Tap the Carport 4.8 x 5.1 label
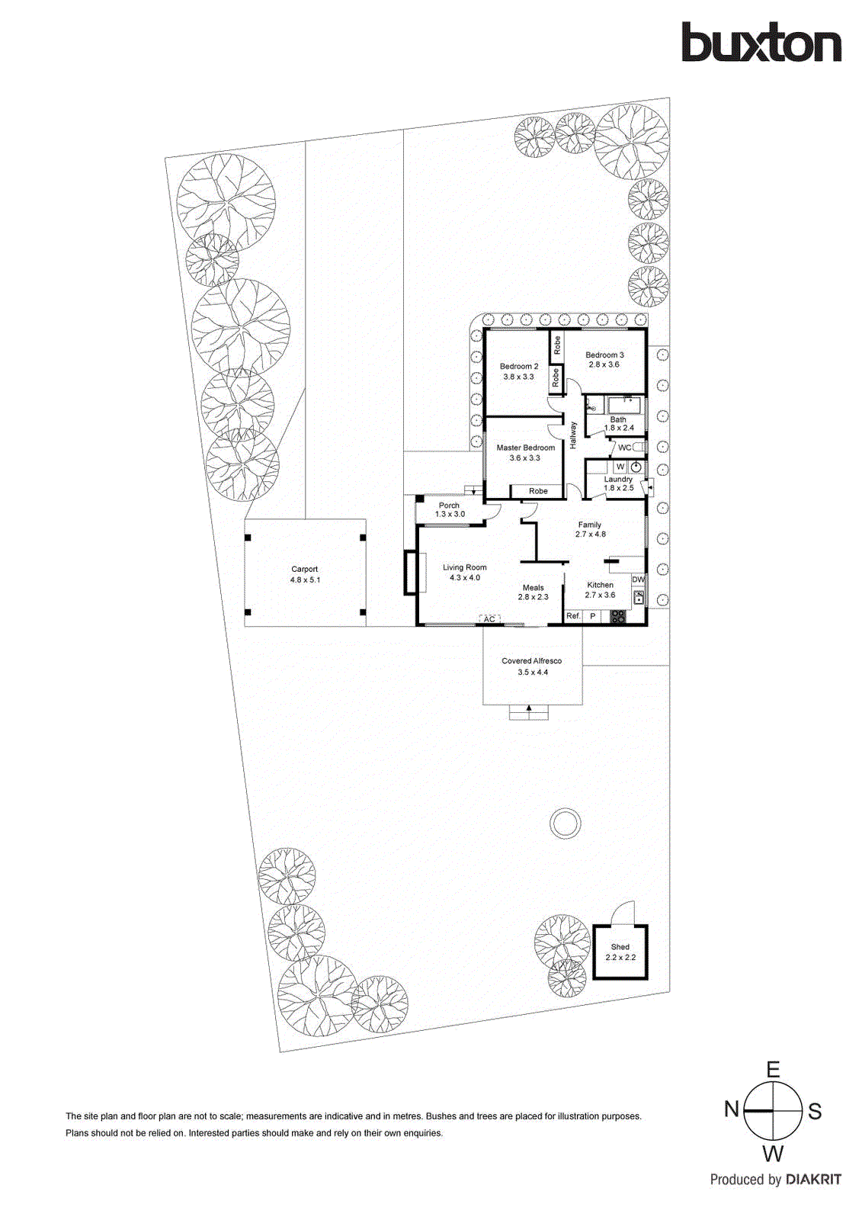305,574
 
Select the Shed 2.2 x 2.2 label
620,952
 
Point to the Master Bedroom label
526,453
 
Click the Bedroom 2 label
519,371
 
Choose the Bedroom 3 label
604,359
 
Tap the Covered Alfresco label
532,666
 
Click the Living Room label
465,573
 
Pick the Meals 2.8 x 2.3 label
534,592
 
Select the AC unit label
489,619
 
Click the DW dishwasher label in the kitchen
638,579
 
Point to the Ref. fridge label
573,616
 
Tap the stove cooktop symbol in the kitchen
618,617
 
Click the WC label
624,448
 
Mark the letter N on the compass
731,1109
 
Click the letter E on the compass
773,1070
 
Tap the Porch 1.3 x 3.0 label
450,509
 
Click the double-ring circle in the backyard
565,823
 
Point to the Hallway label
573,435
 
